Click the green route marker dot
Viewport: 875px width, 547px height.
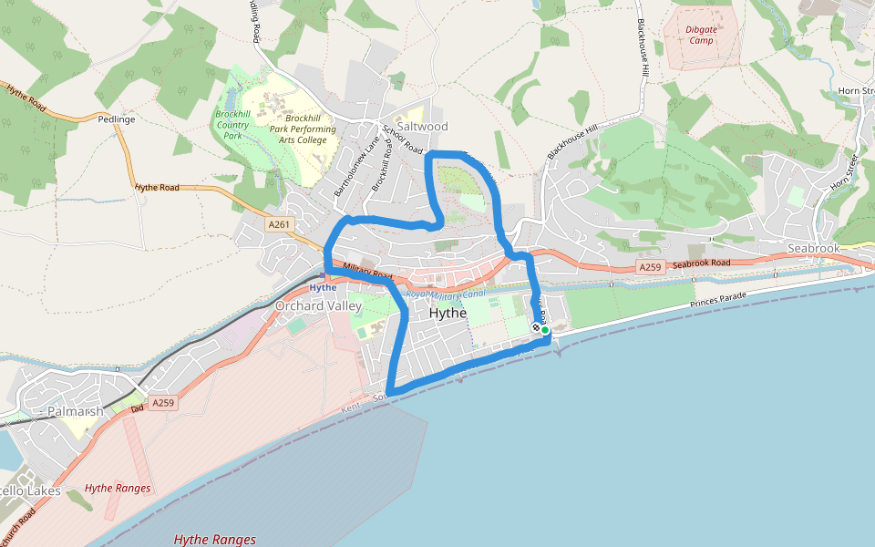coord(545,330)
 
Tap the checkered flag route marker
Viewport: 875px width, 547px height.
coord(536,327)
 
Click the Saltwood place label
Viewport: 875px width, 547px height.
coord(422,127)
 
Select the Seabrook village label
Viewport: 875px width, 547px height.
coord(813,248)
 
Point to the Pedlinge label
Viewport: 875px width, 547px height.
coord(117,119)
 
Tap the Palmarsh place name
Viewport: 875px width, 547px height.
coord(73,412)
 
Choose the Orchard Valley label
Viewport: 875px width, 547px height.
coord(318,306)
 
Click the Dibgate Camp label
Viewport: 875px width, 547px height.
coord(701,35)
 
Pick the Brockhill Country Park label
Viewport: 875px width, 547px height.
coord(232,125)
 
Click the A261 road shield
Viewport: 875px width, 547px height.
coord(279,224)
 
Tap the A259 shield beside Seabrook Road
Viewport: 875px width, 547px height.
coord(649,267)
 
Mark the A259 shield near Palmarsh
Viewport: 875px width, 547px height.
coord(162,402)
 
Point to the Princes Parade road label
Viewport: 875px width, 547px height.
coord(719,299)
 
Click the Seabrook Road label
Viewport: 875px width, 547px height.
coord(703,263)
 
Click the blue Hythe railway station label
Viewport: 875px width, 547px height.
coord(323,287)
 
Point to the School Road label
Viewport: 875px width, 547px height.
coord(403,139)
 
